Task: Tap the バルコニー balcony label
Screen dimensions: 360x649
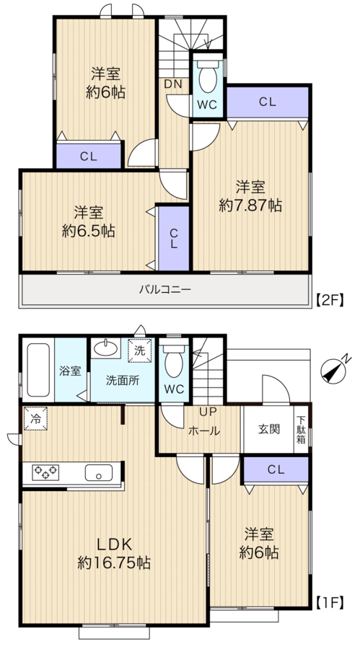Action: pyautogui.click(x=165, y=290)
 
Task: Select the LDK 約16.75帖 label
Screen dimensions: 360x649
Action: pyautogui.click(x=114, y=553)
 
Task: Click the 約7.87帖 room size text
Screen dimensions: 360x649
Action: pyautogui.click(x=250, y=206)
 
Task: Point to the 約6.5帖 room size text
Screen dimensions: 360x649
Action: pyautogui.click(x=89, y=231)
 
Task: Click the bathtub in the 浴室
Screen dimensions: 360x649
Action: pyautogui.click(x=38, y=370)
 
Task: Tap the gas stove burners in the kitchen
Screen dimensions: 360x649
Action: pyautogui.click(x=46, y=472)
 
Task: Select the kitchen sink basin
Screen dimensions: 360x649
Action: pyautogui.click(x=99, y=472)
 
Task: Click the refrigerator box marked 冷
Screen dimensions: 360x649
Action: pyautogui.click(x=35, y=418)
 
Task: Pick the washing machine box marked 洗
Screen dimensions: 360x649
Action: pyautogui.click(x=140, y=350)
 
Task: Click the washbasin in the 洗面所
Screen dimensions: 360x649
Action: pyautogui.click(x=105, y=348)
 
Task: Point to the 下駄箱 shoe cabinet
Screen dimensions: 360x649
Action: pyautogui.click(x=301, y=429)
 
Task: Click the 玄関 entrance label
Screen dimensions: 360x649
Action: pyautogui.click(x=269, y=429)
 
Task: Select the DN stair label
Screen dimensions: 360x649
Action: pyautogui.click(x=172, y=84)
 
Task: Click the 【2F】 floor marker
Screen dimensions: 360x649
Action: pyautogui.click(x=330, y=299)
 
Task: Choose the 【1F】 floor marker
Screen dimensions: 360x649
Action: pyautogui.click(x=330, y=603)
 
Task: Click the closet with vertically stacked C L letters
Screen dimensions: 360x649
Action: pyautogui.click(x=174, y=239)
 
